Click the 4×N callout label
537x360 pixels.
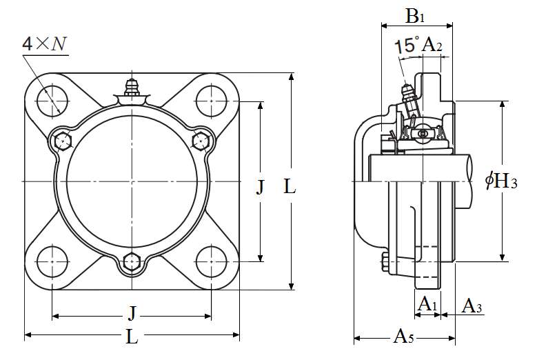click(x=45, y=44)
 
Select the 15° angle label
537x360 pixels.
click(x=407, y=46)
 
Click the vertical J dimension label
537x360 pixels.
click(x=260, y=187)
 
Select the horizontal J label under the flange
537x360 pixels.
click(x=132, y=314)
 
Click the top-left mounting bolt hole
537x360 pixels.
click(x=52, y=101)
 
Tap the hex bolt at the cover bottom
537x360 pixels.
click(x=131, y=262)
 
